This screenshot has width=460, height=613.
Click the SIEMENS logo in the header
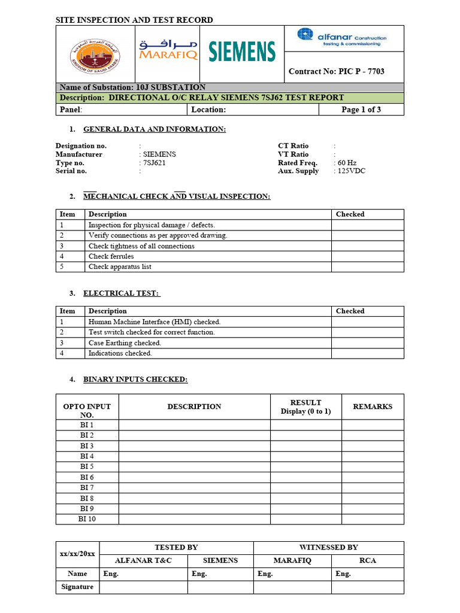241,51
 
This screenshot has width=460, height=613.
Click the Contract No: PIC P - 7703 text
336,71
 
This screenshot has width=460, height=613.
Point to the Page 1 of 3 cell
361,110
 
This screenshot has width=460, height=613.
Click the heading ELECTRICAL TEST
122,293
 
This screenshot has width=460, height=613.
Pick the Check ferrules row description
111,256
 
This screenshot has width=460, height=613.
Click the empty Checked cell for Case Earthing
367,343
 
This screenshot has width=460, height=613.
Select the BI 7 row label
87,488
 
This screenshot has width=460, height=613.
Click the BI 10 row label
87,519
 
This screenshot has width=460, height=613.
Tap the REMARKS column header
373,406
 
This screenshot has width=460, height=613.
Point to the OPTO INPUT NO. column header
87,411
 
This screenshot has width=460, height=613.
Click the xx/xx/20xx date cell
77,554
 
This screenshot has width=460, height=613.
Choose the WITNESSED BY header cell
328,548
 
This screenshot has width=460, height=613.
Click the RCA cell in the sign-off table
367,561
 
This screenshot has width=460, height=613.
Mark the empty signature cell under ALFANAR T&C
143,587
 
